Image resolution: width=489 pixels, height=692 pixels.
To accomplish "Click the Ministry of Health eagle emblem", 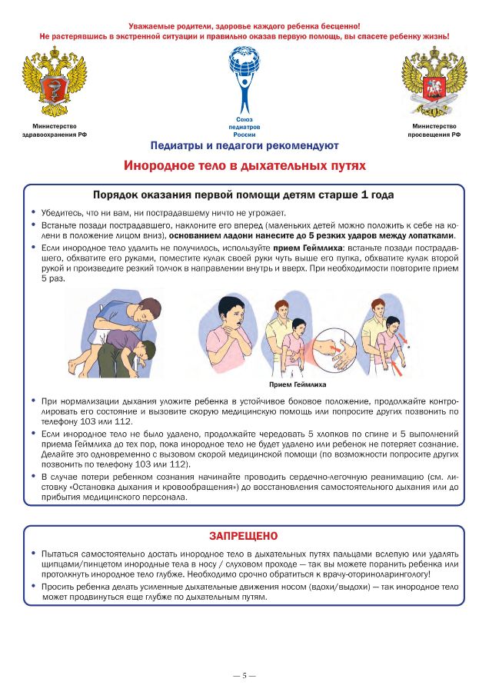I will pos(54,82).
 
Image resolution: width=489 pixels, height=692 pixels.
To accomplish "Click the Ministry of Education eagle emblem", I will pos(434,82).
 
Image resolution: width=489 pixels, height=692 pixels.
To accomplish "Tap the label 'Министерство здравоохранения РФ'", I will pos(54,130).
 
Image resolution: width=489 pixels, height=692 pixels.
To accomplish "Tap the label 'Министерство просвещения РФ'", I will pos(434,130).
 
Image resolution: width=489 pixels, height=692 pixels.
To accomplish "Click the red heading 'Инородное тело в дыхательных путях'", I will pos(244,165).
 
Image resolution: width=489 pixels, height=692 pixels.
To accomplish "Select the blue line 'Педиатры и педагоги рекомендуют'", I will pos(244,145).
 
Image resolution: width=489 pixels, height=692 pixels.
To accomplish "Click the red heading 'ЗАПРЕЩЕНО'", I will pos(244,536).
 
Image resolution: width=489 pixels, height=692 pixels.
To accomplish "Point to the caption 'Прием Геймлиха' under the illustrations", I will pos(298,384).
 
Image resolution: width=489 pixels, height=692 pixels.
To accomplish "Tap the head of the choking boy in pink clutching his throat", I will pos(232,313).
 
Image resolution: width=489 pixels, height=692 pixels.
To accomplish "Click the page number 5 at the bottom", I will pos(244,675).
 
